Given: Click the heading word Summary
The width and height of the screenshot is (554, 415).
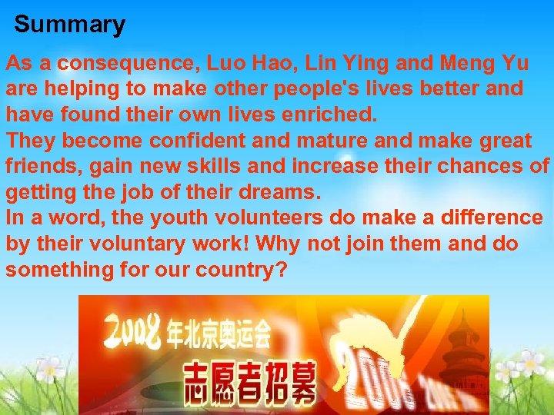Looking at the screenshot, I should (69, 25).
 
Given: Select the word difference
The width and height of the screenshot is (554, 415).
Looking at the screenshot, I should (491, 218).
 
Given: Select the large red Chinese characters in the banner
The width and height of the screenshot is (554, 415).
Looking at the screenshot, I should (250, 382).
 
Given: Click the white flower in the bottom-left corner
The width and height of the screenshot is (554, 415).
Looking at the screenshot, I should (51, 368).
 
